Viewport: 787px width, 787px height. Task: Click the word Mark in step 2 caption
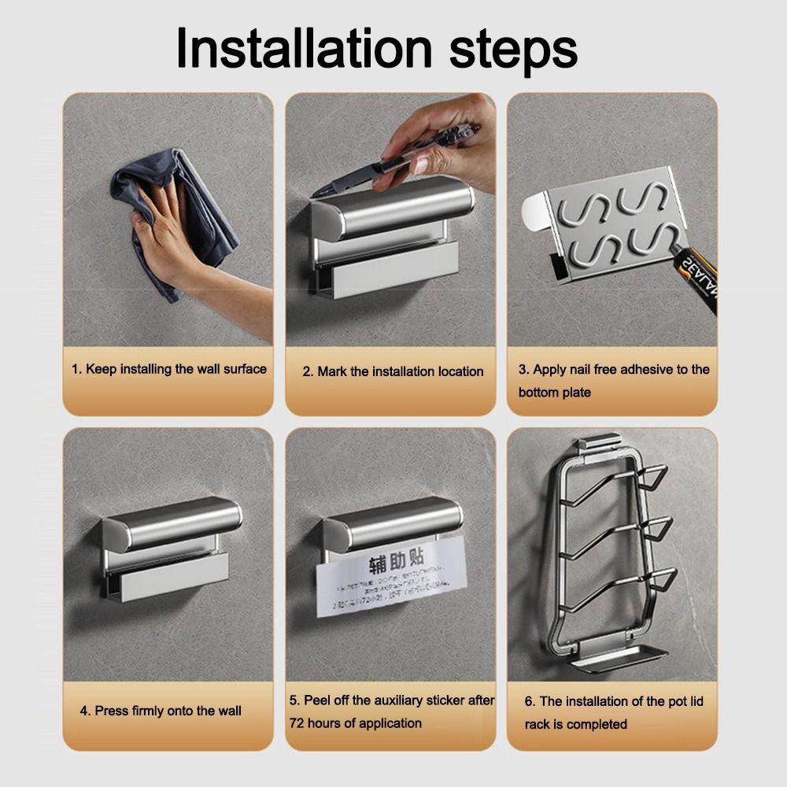(334, 371)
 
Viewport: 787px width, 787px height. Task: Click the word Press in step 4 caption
(111, 711)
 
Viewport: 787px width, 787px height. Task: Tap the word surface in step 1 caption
(242, 368)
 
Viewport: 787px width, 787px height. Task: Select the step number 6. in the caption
(530, 700)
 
